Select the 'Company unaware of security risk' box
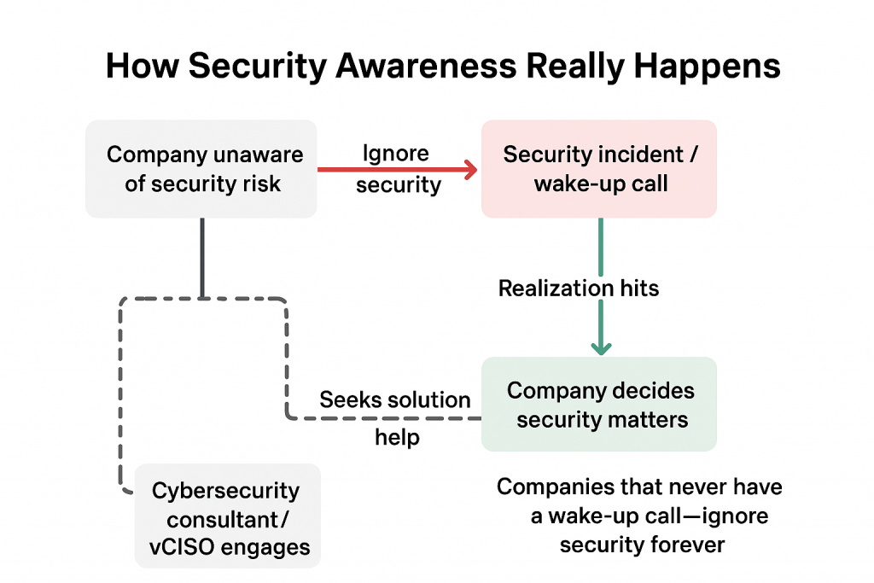coord(202,168)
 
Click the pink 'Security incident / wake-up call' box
coord(599,168)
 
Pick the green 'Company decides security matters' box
coord(599,405)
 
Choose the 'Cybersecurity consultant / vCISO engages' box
coord(227,516)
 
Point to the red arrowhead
coord(470,169)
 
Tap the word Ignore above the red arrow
coord(395,154)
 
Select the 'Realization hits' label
coord(579,288)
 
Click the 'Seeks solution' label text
coord(395,399)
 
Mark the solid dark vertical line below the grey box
coord(202,257)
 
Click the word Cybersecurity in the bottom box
coord(226,491)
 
